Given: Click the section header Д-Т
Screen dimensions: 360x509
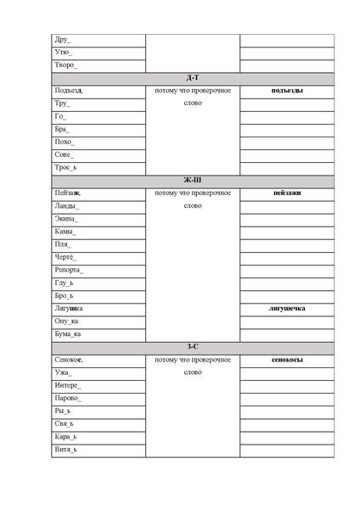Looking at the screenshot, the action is tap(193, 78).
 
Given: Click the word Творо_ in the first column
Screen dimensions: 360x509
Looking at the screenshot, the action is tap(65, 65).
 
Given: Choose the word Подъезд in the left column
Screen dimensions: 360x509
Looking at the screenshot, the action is tap(69, 91).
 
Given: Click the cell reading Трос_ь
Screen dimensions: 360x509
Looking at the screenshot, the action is tap(65, 167).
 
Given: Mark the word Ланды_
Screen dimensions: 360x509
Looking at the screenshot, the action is tap(67, 206).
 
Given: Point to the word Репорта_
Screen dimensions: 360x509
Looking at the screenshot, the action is tap(69, 270).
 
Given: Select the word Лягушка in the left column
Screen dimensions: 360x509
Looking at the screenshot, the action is tap(68, 308).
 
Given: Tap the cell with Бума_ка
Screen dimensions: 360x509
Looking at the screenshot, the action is tap(68, 334).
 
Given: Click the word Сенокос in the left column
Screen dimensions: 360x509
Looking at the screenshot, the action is tap(69, 360).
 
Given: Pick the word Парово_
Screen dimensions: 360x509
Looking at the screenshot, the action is tap(68, 398).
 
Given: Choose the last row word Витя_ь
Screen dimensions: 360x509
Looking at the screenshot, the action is tap(65, 450).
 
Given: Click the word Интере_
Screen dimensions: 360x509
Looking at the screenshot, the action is tap(67, 385).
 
